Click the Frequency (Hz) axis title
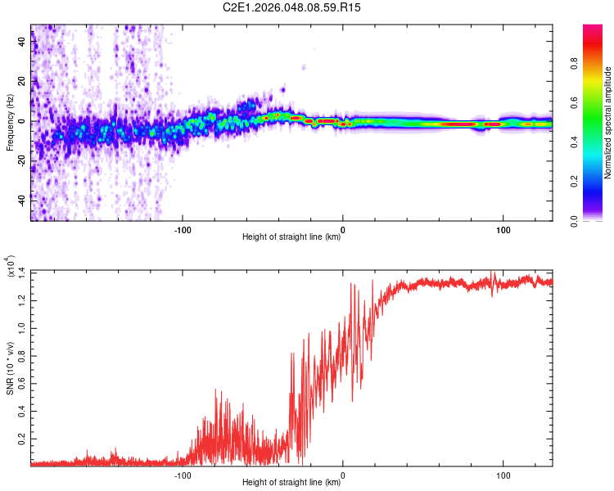click(x=10, y=123)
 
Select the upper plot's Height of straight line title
click(x=292, y=238)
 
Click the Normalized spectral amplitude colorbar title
click(x=607, y=123)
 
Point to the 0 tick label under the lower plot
click(x=342, y=475)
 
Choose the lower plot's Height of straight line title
click(x=292, y=483)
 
